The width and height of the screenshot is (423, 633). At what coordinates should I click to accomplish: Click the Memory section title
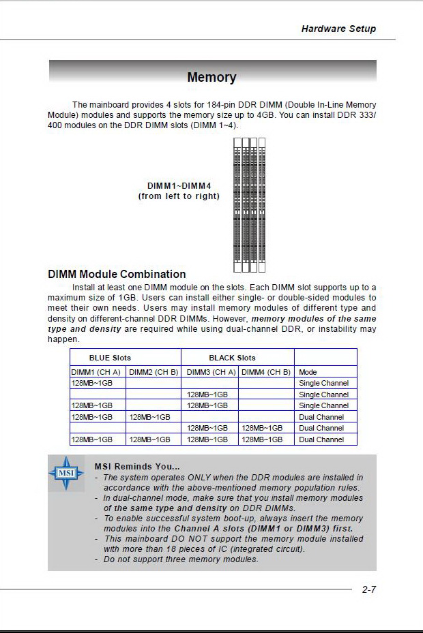tap(211, 78)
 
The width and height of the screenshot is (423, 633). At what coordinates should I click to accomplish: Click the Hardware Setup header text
tap(338, 29)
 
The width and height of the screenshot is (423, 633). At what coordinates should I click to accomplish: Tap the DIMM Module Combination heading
tap(117, 274)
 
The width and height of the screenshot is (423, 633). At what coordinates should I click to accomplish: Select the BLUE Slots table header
tap(110, 358)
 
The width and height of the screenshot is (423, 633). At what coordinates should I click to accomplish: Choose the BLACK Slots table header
tap(232, 358)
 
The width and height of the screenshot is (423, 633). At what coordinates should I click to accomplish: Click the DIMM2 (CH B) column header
tap(154, 372)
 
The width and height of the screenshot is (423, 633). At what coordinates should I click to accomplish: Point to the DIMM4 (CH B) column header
tap(266, 372)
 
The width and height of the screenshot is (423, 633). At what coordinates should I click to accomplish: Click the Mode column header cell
tap(308, 372)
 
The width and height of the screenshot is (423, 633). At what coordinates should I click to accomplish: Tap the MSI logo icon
tap(65, 474)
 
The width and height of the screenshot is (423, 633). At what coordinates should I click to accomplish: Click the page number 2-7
tap(368, 589)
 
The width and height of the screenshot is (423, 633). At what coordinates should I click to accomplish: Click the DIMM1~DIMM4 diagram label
tap(179, 185)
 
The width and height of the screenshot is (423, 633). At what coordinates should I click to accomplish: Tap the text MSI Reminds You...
tap(137, 466)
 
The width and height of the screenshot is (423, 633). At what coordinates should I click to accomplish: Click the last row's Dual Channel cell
tap(321, 439)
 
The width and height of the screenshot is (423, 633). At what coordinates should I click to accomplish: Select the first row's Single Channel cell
tap(323, 383)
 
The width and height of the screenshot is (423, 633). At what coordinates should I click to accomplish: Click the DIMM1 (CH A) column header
tap(96, 372)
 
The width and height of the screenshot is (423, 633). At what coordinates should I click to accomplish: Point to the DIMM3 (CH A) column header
tap(211, 372)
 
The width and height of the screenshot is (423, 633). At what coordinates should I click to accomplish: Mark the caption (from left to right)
tap(179, 196)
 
